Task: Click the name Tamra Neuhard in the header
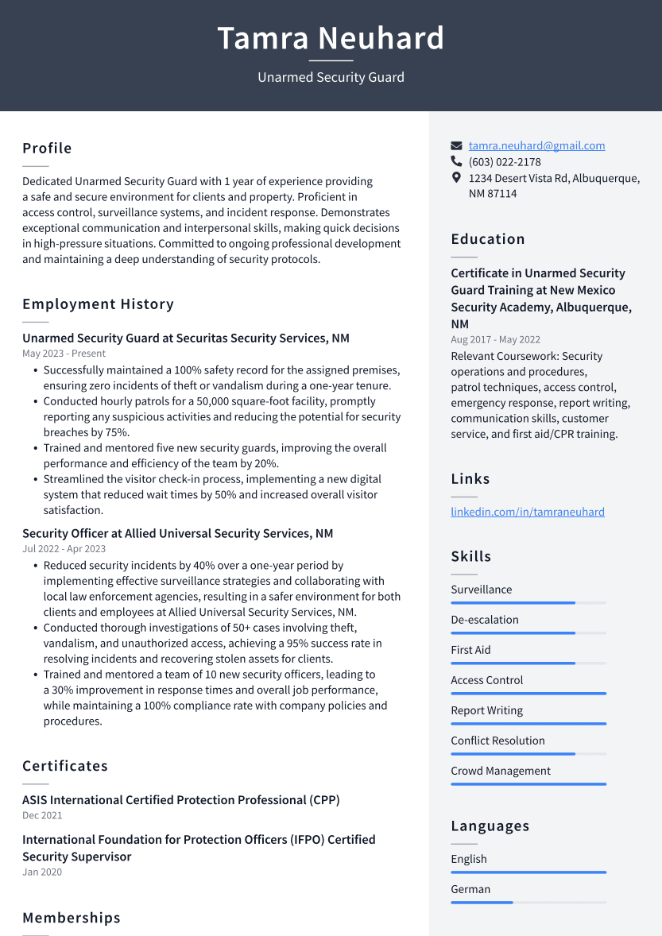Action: coord(331,38)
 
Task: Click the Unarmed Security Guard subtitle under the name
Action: coord(331,77)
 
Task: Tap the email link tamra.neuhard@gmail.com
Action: coord(536,145)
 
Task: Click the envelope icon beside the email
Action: coord(456,145)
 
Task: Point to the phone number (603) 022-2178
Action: coord(504,161)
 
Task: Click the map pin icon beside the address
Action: coord(456,177)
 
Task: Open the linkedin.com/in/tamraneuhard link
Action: coord(528,512)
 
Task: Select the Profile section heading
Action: coord(47,149)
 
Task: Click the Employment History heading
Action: coord(98,304)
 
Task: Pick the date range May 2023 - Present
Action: coord(64,354)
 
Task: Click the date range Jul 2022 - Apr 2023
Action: coord(64,549)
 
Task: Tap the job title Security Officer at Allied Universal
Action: coord(177,533)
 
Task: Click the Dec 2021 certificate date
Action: coord(42,815)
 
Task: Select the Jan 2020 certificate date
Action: coord(42,872)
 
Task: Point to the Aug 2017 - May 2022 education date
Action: coord(495,340)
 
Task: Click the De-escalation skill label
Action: coord(485,620)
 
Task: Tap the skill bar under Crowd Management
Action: coord(528,784)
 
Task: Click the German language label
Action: coord(470,889)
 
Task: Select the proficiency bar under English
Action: coord(528,872)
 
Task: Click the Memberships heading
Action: coord(72,918)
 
